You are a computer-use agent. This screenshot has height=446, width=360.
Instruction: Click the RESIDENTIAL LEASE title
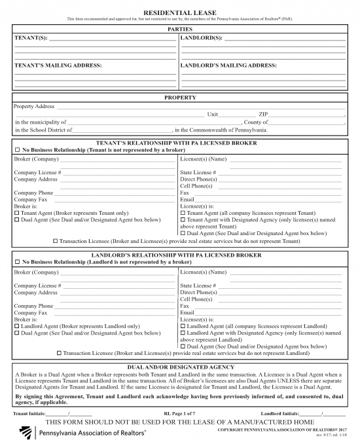click(179, 12)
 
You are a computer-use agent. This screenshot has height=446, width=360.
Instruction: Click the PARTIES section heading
click(180, 30)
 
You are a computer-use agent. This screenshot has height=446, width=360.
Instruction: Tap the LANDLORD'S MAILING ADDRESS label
click(228, 65)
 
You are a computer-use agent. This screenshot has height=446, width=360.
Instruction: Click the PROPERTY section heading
click(180, 98)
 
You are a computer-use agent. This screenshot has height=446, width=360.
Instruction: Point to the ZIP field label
click(263, 114)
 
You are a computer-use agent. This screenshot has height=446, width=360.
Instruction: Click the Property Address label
click(34, 106)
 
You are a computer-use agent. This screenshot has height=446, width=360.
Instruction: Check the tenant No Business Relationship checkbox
click(17, 150)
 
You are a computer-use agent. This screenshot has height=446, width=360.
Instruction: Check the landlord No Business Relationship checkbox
click(17, 262)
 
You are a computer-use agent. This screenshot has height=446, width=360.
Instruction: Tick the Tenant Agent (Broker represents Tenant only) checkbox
click(17, 213)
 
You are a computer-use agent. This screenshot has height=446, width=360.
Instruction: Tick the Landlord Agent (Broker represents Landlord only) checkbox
click(17, 325)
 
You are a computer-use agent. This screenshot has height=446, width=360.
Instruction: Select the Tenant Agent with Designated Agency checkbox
click(183, 219)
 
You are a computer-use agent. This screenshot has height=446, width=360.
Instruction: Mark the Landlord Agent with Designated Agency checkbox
click(183, 333)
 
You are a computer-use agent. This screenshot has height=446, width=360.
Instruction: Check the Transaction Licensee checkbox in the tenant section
click(56, 240)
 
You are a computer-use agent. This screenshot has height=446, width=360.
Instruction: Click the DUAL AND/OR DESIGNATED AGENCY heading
click(180, 367)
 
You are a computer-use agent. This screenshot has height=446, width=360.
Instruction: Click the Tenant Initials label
click(29, 414)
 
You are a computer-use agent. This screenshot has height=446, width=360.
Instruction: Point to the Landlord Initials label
click(280, 414)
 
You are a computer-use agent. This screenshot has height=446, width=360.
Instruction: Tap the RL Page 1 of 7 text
click(179, 414)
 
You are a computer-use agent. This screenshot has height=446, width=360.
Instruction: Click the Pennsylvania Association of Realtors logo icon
click(26, 433)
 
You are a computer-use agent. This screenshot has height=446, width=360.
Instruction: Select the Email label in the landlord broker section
click(187, 312)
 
